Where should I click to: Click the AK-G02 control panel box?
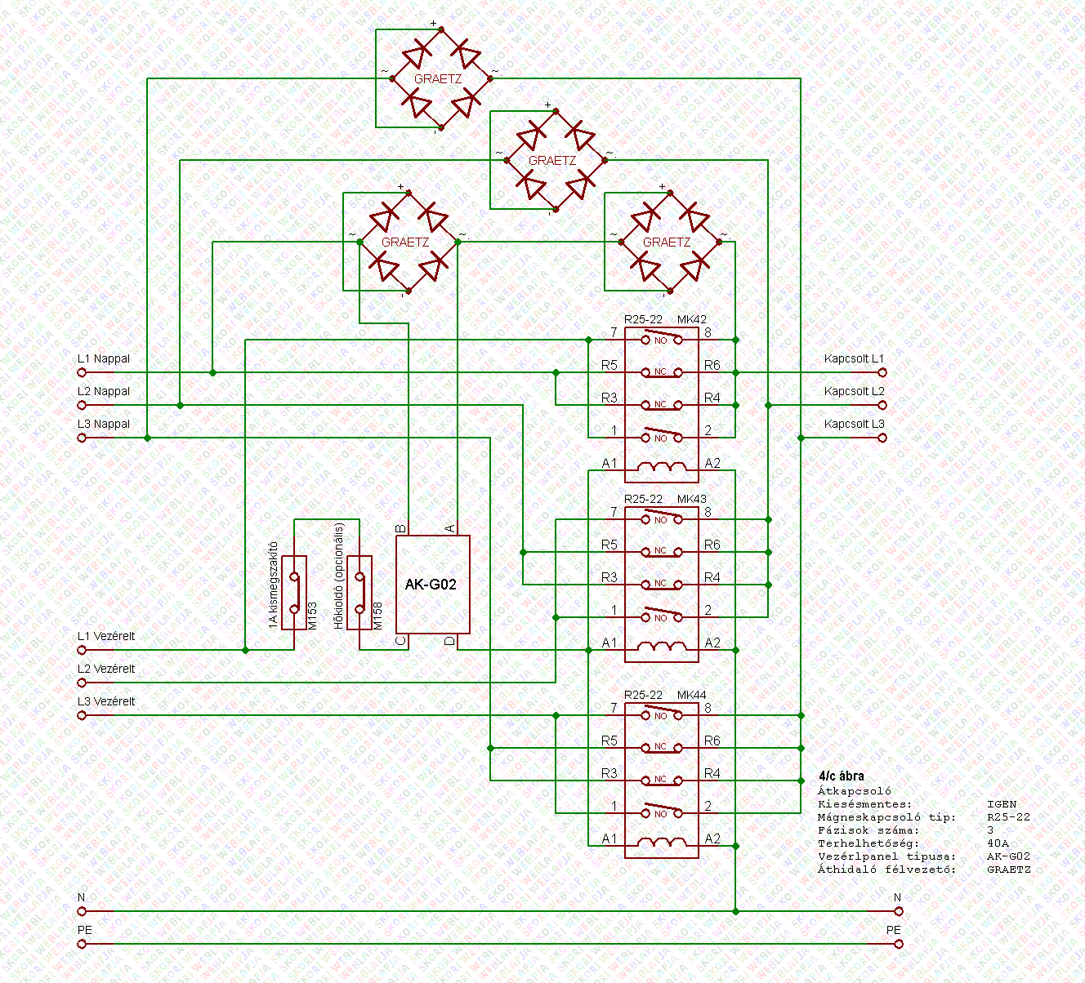pos(432,584)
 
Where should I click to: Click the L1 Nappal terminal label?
pos(104,358)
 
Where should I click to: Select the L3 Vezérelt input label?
pos(106,701)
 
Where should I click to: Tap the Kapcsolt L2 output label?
pos(854,391)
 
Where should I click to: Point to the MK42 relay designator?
pos(692,319)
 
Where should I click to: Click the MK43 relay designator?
pos(692,499)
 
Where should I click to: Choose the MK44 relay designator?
pos(692,695)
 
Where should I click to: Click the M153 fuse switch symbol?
pos(294,593)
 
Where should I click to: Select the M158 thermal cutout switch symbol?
pos(359,593)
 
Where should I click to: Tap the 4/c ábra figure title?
pos(841,776)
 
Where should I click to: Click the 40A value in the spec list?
pos(998,843)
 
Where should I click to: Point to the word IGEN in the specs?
pos(1002,804)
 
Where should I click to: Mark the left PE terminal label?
pos(84,930)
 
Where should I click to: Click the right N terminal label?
pos(897,897)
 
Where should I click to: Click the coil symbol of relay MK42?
pos(661,465)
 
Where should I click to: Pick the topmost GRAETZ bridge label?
pos(438,79)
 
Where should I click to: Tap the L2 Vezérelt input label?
pos(106,669)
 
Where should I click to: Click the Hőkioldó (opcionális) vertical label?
pos(339,576)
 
